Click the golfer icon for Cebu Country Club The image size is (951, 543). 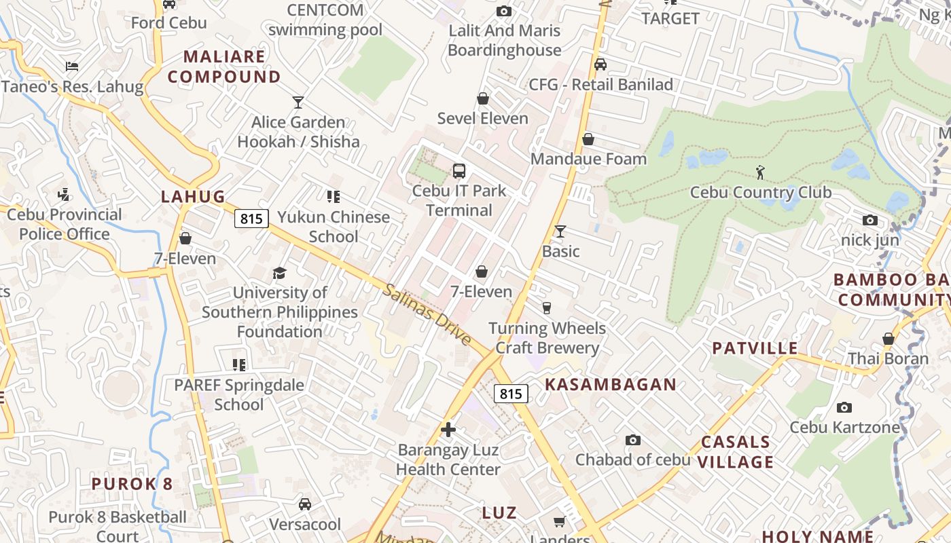point(760,172)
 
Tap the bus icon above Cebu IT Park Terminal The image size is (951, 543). point(459,170)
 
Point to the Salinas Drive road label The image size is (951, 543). point(427,314)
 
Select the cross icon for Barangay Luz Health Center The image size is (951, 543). point(448,430)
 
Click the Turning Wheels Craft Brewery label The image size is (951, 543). point(547,338)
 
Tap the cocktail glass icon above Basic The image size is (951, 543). point(560,231)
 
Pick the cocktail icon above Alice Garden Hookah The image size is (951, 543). point(298,102)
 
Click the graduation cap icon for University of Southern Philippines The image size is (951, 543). point(279,273)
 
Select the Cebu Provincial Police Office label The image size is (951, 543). point(65,224)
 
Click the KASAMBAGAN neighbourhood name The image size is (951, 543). point(611,385)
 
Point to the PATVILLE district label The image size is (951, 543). point(755,349)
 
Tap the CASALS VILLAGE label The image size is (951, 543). point(737,452)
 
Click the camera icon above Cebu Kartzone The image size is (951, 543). point(844,407)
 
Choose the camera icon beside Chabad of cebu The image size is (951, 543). point(633,441)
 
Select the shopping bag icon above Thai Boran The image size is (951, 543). point(888,339)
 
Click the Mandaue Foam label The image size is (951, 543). point(588,159)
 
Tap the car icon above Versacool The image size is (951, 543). point(305,504)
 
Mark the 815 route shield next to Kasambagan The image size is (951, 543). point(511,394)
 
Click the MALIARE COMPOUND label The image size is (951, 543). point(224,67)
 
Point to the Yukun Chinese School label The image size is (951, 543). point(334,227)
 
